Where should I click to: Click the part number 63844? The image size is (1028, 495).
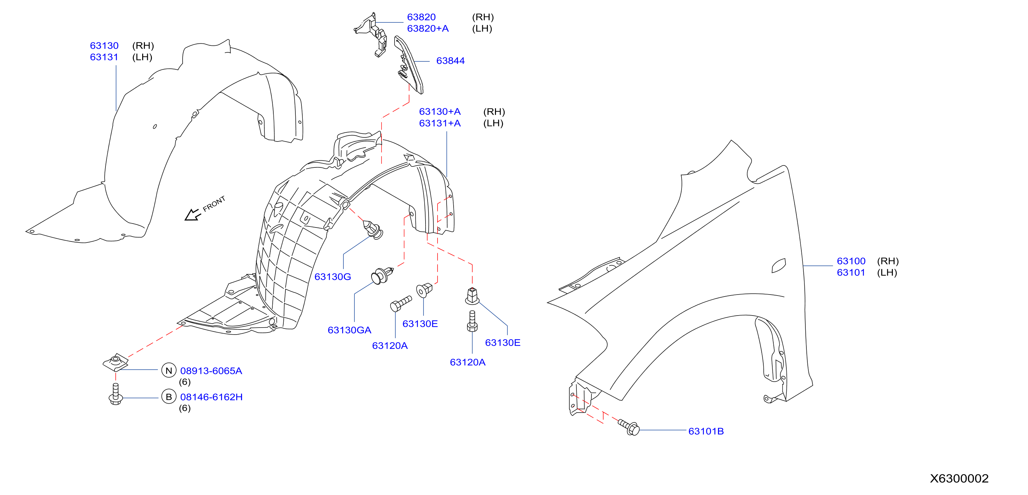click(450, 61)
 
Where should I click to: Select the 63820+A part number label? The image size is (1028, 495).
click(428, 29)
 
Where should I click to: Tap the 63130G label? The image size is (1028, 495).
click(332, 277)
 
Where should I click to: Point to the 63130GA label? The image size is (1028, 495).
click(349, 330)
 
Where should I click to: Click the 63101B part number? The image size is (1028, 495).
click(706, 431)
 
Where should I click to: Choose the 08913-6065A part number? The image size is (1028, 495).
click(211, 371)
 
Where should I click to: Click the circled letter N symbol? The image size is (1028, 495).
click(169, 371)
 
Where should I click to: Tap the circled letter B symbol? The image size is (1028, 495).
click(169, 397)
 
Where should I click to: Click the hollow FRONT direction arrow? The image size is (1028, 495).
click(192, 215)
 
